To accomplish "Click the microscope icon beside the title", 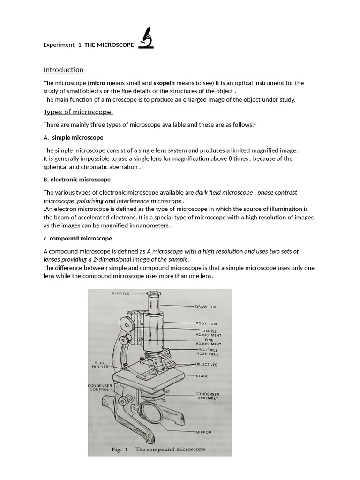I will click(x=146, y=38).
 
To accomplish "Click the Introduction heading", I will click(x=63, y=70).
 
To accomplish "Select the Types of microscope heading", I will click(x=78, y=112).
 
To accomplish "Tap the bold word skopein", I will click(x=164, y=83).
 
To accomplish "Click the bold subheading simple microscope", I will click(x=77, y=138).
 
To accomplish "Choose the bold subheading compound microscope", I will click(x=81, y=239).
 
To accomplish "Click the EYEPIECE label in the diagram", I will click(x=120, y=293).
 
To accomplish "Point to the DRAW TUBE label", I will click(x=207, y=307).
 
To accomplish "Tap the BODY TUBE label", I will click(x=207, y=323).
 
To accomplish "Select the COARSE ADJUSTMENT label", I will click(x=209, y=333).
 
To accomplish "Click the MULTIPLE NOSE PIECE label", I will click(x=209, y=352).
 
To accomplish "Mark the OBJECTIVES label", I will click(x=207, y=364).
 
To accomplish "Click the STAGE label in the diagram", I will click(x=202, y=376).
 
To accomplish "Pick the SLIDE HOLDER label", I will click(x=101, y=364).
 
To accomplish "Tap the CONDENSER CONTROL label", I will click(x=99, y=387).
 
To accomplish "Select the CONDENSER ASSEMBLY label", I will click(x=208, y=396).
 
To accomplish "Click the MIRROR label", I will click(x=203, y=432).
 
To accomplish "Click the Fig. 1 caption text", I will click(x=158, y=449).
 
